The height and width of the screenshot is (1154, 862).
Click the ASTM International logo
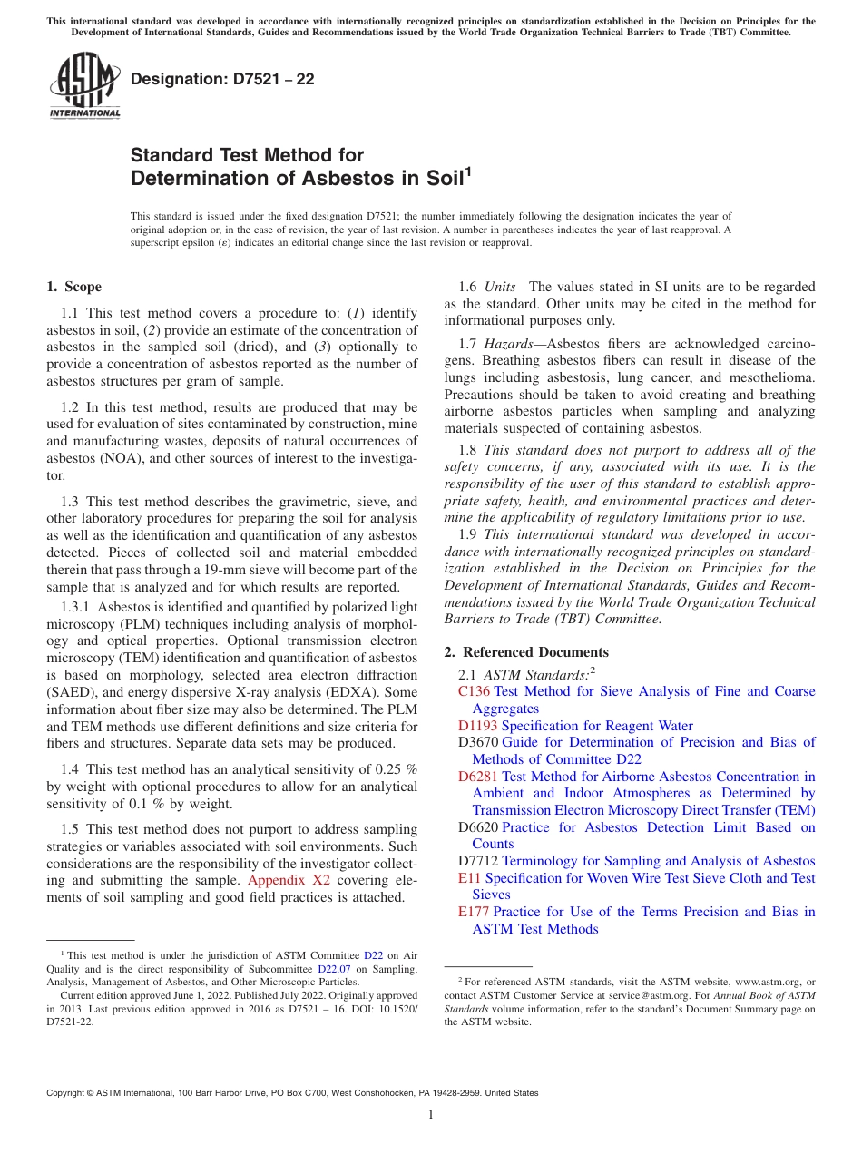pyautogui.click(x=84, y=85)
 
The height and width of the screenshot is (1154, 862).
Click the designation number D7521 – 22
pyautogui.click(x=222, y=79)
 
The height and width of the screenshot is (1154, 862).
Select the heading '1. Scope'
pyautogui.click(x=74, y=287)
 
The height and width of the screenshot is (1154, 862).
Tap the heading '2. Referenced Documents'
pyautogui.click(x=526, y=652)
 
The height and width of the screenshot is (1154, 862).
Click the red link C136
pyautogui.click(x=474, y=691)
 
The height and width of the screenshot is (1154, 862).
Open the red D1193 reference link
pyautogui.click(x=477, y=726)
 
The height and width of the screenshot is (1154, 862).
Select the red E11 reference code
pyautogui.click(x=469, y=878)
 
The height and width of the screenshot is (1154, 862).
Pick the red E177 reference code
pyautogui.click(x=474, y=912)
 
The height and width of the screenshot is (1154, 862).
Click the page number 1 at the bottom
pyautogui.click(x=431, y=1115)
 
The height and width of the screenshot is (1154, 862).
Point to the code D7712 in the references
pyautogui.click(x=478, y=861)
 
